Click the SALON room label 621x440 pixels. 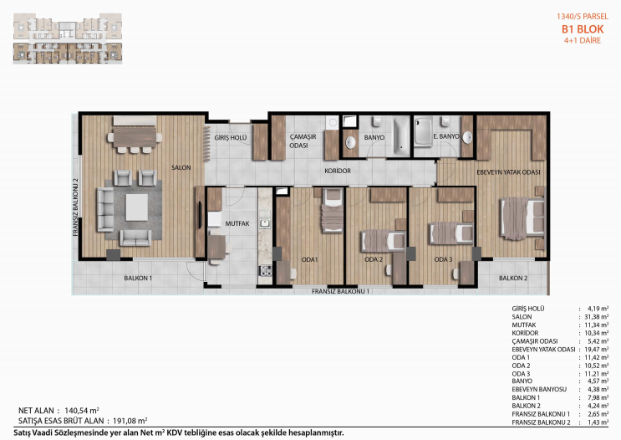pyautogui.click(x=181, y=167)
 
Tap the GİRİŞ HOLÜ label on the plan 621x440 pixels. pyautogui.click(x=231, y=137)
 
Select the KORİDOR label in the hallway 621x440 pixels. pyautogui.click(x=338, y=171)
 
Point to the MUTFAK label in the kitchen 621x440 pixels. pyautogui.click(x=237, y=223)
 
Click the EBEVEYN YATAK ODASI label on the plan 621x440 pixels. pyautogui.click(x=508, y=172)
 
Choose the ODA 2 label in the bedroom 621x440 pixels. pyautogui.click(x=374, y=259)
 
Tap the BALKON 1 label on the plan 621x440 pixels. pyautogui.click(x=138, y=279)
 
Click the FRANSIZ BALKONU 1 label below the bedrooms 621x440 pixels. pyautogui.click(x=340, y=291)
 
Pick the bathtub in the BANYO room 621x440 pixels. pyautogui.click(x=401, y=136)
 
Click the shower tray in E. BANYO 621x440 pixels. pyautogui.click(x=423, y=132)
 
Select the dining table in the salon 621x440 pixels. pyautogui.click(x=135, y=137)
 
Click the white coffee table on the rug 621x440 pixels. pyautogui.click(x=136, y=207)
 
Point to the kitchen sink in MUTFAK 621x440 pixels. pyautogui.click(x=265, y=224)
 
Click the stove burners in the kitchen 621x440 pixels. pyautogui.click(x=265, y=271)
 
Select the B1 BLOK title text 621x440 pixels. pyautogui.click(x=583, y=29)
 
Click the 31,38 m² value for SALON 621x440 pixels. pyautogui.click(x=597, y=317)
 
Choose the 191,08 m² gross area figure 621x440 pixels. pyautogui.click(x=130, y=421)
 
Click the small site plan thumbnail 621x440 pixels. pyautogui.click(x=68, y=38)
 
